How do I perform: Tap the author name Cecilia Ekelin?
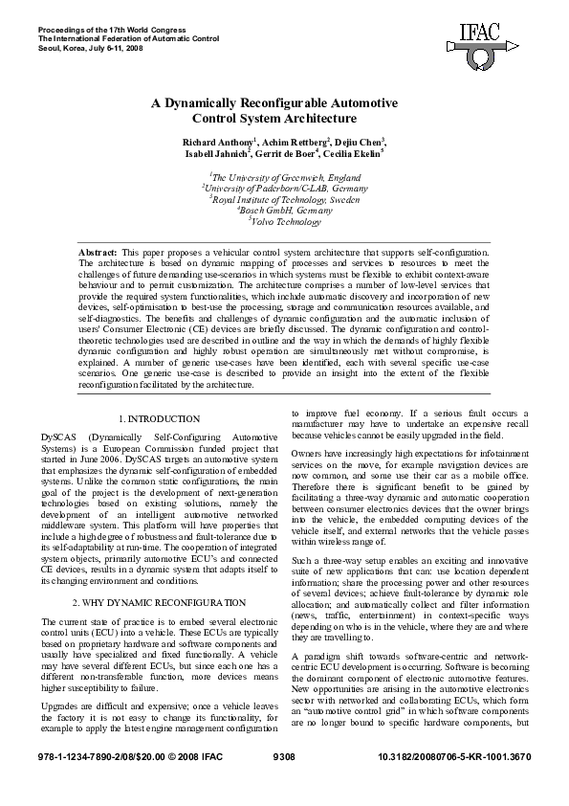point(355,153)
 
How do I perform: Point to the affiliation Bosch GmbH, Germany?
point(284,211)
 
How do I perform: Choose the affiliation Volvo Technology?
point(285,222)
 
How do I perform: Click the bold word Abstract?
point(97,251)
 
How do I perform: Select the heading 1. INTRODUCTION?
point(160,419)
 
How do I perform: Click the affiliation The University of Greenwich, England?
point(284,177)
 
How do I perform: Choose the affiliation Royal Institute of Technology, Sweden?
point(284,199)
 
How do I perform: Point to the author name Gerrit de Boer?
point(290,153)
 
